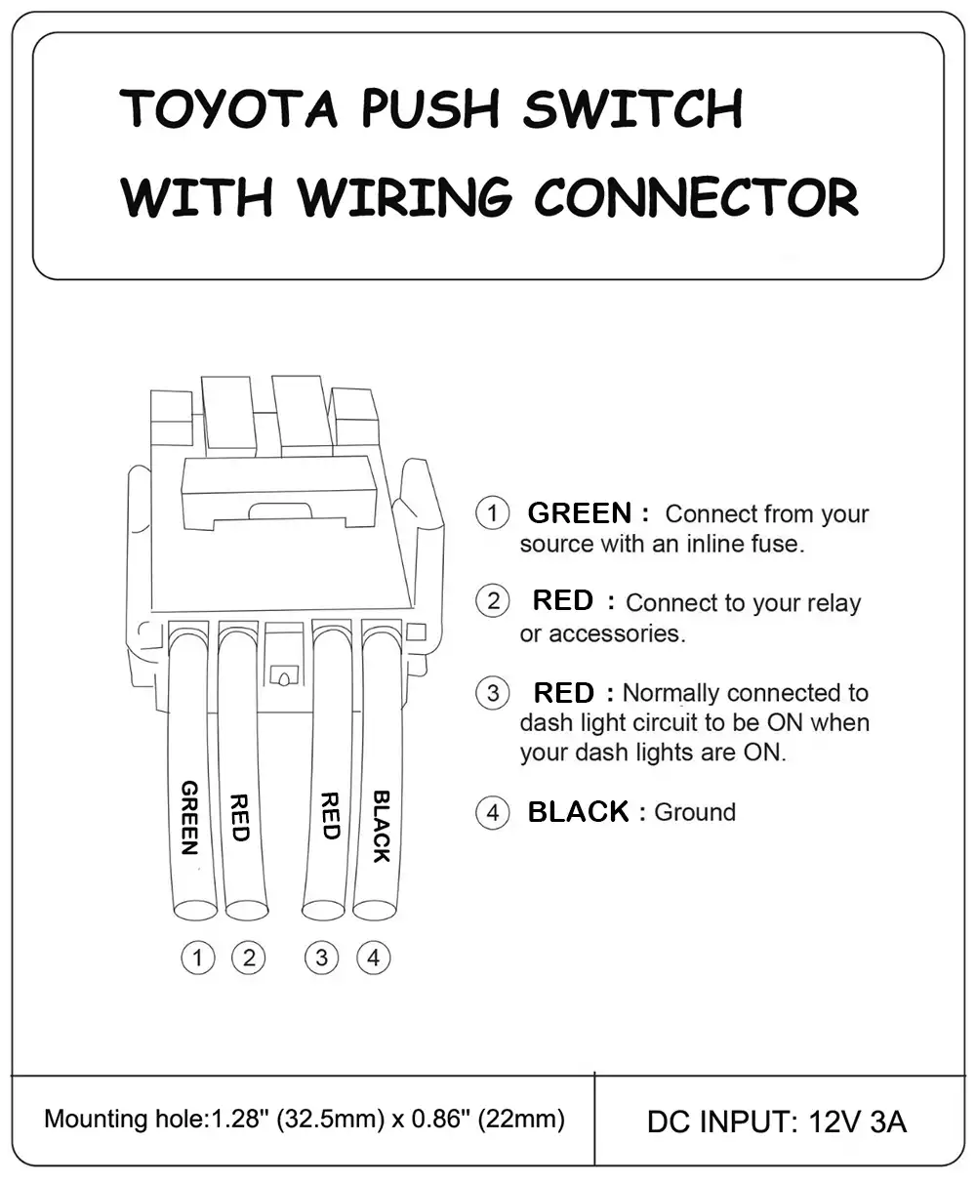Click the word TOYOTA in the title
[x=228, y=108]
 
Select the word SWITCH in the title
[x=631, y=108]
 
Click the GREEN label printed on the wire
[x=190, y=817]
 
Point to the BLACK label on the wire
[x=382, y=826]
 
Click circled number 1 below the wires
[x=198, y=958]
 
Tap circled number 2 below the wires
[x=248, y=958]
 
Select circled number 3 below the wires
[x=322, y=958]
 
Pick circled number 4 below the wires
[x=373, y=958]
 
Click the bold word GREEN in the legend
[x=580, y=513]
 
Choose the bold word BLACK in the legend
[x=578, y=812]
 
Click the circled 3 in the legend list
[x=493, y=693]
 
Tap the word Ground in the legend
[x=695, y=812]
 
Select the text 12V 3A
[x=858, y=1122]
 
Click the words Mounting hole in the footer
[x=121, y=1119]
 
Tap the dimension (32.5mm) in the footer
[x=329, y=1119]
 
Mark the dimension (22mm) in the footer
[x=521, y=1119]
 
